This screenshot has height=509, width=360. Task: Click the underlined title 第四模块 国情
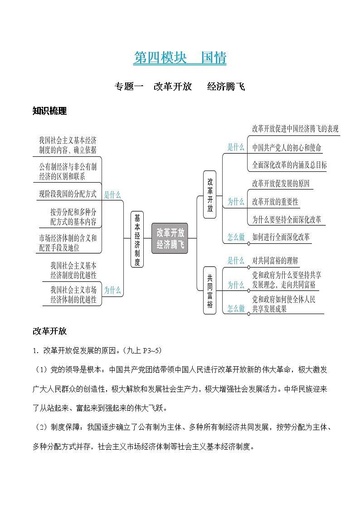pyautogui.click(x=180, y=58)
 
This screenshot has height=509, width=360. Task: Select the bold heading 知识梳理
pyautogui.click(x=49, y=111)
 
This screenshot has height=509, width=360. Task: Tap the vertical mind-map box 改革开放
pyautogui.click(x=210, y=194)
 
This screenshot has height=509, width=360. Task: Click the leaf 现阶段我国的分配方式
pyautogui.click(x=68, y=194)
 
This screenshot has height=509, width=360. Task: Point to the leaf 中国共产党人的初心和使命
pyautogui.click(x=287, y=147)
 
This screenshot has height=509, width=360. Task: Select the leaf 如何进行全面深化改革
pyautogui.click(x=281, y=237)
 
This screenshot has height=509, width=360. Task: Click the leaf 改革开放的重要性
pyautogui.click(x=275, y=202)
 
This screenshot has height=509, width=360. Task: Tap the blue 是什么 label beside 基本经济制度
pyautogui.click(x=112, y=195)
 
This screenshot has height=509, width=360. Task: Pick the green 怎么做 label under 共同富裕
pyautogui.click(x=236, y=308)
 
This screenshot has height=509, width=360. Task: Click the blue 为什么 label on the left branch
pyautogui.click(x=112, y=291)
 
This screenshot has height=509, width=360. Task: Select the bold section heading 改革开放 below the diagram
pyautogui.click(x=49, y=331)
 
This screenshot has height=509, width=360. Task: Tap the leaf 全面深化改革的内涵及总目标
pyautogui.click(x=289, y=165)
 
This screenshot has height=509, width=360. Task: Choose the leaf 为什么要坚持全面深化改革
pyautogui.click(x=287, y=220)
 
